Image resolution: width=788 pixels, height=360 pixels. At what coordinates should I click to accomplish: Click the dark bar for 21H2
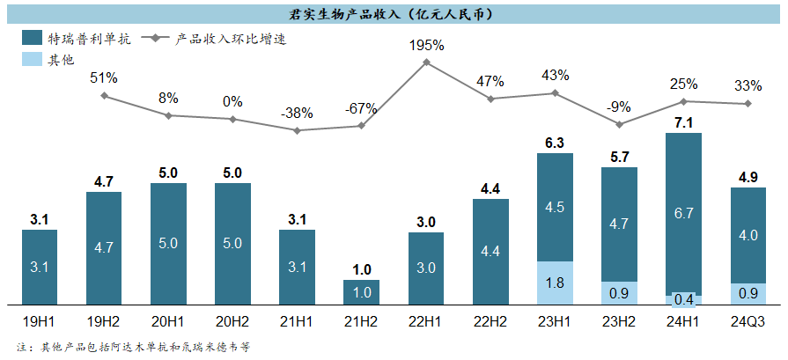click(x=361, y=292)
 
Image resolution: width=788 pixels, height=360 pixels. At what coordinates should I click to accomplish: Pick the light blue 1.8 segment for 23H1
click(x=555, y=283)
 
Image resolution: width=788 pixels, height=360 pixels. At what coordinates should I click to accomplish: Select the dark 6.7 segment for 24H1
click(x=683, y=212)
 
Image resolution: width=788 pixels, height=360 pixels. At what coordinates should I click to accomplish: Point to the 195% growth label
click(x=426, y=44)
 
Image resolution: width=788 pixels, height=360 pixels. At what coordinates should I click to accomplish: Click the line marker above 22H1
click(x=426, y=62)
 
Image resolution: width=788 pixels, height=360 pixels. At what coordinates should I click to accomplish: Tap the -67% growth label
click(x=360, y=109)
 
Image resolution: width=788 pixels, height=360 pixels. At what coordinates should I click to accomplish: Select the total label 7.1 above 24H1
click(x=683, y=121)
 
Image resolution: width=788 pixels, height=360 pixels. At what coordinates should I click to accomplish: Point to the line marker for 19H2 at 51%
click(x=104, y=95)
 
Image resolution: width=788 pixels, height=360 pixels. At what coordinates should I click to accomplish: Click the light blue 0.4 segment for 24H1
click(x=683, y=299)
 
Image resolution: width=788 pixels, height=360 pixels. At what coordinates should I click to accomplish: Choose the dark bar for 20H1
click(x=168, y=243)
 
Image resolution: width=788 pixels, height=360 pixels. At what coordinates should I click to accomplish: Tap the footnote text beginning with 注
click(x=133, y=347)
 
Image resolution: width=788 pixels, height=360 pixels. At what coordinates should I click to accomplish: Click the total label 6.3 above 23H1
click(x=555, y=141)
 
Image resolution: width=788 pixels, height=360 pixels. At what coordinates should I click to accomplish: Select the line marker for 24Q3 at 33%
click(x=747, y=104)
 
